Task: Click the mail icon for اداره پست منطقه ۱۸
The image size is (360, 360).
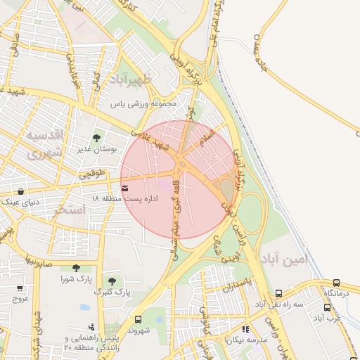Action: click(125, 188)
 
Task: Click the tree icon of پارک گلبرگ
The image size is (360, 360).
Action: click(112, 281)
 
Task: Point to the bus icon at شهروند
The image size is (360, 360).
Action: click(138, 319)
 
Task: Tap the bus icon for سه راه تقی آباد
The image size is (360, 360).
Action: click(278, 293)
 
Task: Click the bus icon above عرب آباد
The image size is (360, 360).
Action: click(327, 307)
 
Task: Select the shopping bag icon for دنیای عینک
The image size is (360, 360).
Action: click(20, 191)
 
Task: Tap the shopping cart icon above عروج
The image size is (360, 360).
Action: click(20, 288)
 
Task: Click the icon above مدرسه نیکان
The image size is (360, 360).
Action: click(245, 328)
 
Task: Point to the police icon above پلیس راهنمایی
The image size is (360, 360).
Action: click(91, 327)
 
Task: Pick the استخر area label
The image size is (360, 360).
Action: click(70, 209)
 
